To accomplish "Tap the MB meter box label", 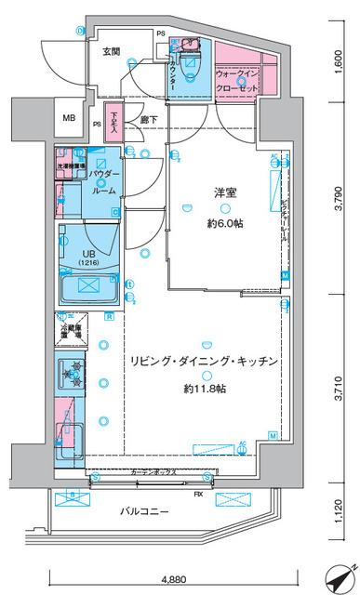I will coord(70,119).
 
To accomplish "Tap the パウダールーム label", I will coord(103,181).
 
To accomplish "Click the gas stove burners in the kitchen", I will coord(71,375).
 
